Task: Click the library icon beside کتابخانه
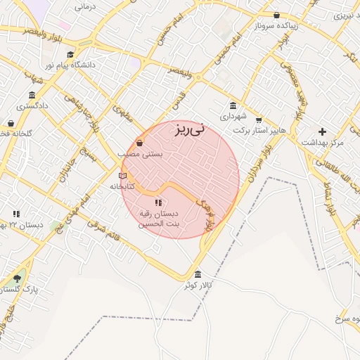coord(123,176)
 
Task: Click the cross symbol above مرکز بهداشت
coord(322,131)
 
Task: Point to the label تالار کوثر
coord(198,285)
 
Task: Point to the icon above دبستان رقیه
coord(157,202)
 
